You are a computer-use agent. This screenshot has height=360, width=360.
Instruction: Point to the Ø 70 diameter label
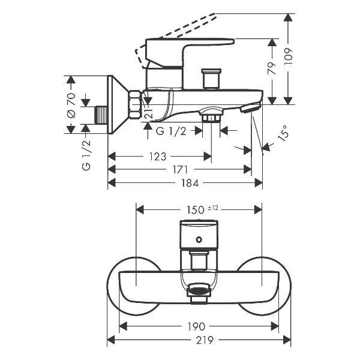(71, 105)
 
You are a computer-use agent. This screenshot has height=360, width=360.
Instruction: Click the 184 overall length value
(185, 182)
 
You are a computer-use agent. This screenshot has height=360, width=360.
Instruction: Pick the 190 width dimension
(197, 326)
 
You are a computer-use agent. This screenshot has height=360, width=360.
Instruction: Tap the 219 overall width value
(196, 340)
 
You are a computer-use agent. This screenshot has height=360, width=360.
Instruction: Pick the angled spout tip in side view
(250, 108)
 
